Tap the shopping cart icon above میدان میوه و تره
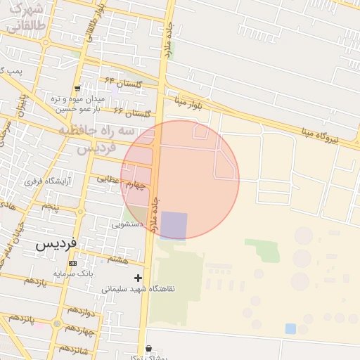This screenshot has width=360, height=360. (77, 89)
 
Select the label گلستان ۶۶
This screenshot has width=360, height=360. (132, 112)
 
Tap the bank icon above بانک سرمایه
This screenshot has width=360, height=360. (72, 263)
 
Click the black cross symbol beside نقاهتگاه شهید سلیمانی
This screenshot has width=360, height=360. (138, 278)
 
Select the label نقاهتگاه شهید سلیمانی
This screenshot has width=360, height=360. (139, 288)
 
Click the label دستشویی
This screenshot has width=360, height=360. (128, 224)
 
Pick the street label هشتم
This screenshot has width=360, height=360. (118, 259)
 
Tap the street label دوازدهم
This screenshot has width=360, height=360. (79, 311)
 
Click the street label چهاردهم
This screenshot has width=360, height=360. (79, 328)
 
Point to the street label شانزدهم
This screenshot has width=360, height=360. (73, 349)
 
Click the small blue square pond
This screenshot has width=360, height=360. (290, 328)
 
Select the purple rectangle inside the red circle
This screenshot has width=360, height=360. (174, 226)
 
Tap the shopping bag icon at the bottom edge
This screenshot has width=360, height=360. (148, 348)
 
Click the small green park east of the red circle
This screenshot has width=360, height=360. (262, 248)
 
